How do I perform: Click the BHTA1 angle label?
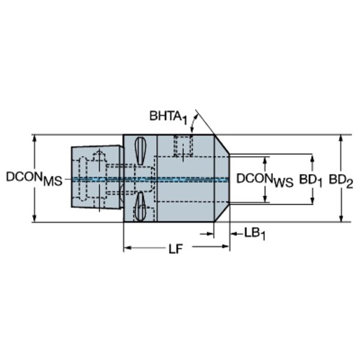coord(168,117)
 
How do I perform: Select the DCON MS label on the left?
coord(34,178)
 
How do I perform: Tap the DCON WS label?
coord(265,180)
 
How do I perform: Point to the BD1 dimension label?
coord(311,181)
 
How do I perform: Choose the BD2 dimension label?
coord(341,181)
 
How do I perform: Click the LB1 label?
coord(254,234)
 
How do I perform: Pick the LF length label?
coord(176,249)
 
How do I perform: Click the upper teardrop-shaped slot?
coord(140,151)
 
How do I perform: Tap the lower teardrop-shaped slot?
coord(140,206)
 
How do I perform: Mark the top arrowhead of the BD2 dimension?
coord(341,138)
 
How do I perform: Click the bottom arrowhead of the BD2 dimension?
coord(341,218)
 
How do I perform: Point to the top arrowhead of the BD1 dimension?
coord(312,158)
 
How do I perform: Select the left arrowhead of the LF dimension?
coord(127,248)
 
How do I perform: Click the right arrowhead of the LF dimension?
coord(226,247)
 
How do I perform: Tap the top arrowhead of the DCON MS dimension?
coord(35,138)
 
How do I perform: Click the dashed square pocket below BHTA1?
coord(183,146)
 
